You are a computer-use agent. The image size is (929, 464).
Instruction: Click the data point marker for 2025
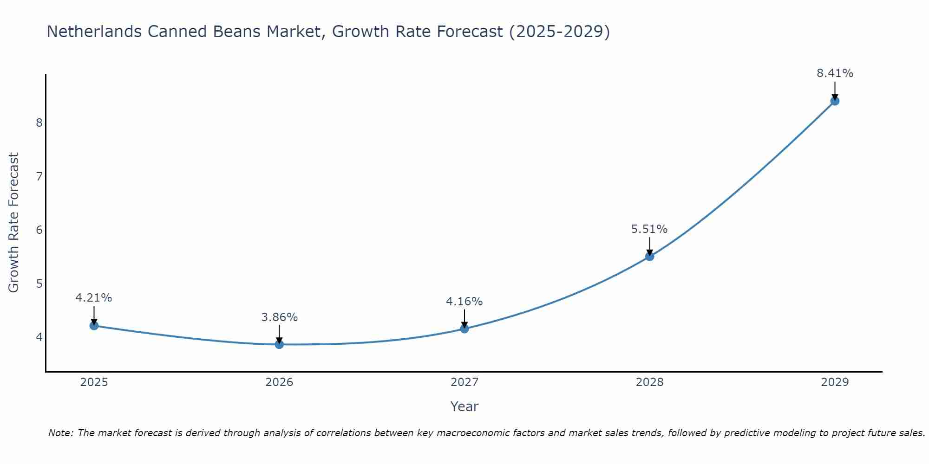pyautogui.click(x=94, y=326)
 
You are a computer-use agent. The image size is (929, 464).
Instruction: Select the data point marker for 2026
pyautogui.click(x=279, y=344)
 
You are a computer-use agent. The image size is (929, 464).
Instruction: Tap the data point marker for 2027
pyautogui.click(x=464, y=329)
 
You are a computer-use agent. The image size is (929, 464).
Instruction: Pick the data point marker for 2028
pyautogui.click(x=649, y=256)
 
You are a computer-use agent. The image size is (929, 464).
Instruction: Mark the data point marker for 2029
pyautogui.click(x=835, y=101)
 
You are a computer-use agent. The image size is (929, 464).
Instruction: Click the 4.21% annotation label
pyautogui.click(x=94, y=298)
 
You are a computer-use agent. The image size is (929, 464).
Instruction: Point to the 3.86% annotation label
pyautogui.click(x=279, y=317)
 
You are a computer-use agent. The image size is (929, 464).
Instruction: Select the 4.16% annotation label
pyautogui.click(x=464, y=302)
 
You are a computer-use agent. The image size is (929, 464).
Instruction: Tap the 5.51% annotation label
pyautogui.click(x=649, y=229)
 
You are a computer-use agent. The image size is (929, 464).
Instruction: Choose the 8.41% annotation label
pyautogui.click(x=835, y=73)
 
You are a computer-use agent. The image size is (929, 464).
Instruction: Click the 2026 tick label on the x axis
pyautogui.click(x=279, y=382)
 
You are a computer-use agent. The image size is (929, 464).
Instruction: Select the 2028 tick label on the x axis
pyautogui.click(x=649, y=382)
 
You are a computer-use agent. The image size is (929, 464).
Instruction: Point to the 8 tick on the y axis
pyautogui.click(x=39, y=122)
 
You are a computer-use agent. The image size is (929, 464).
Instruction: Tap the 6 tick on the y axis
pyautogui.click(x=39, y=230)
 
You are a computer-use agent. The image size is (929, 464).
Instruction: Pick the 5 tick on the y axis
pyautogui.click(x=39, y=284)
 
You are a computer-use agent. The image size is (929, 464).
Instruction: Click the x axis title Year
pyautogui.click(x=464, y=406)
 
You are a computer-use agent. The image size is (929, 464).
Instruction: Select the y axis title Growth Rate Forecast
pyautogui.click(x=14, y=223)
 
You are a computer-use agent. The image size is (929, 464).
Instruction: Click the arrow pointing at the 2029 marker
pyautogui.click(x=835, y=90)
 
